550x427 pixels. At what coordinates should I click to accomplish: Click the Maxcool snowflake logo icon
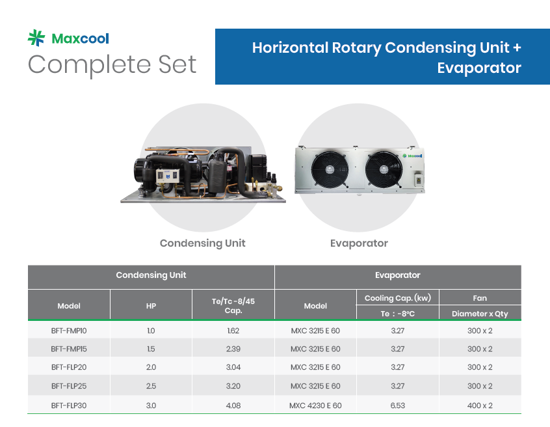pos(36,38)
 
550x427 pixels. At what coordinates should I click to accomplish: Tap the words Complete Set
pos(112,64)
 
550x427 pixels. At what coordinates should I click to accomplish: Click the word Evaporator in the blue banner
pos(478,68)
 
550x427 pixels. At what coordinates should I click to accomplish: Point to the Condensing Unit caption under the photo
pos(202,243)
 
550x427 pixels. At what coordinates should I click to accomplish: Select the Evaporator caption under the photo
pos(359,243)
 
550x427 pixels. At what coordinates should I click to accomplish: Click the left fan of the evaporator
pos(330,169)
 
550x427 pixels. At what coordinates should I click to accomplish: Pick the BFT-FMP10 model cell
pos(69,331)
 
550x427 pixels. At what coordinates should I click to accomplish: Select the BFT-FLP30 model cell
pos(69,406)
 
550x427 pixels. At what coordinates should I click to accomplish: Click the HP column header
pos(151,306)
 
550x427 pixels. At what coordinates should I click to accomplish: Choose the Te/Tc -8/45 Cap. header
pos(233,306)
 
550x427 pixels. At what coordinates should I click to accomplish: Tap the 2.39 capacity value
pos(233,349)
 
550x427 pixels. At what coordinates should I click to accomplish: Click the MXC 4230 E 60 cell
pos(315,406)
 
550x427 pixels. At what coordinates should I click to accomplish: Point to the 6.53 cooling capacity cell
pos(398,406)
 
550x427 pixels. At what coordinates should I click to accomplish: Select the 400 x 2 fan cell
pos(480,406)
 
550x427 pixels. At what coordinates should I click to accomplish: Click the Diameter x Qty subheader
pos(480,314)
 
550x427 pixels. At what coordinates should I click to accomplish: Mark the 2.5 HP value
pos(151,386)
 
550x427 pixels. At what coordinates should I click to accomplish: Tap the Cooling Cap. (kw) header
pos(398,298)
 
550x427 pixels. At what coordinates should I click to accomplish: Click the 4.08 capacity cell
pos(233,406)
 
